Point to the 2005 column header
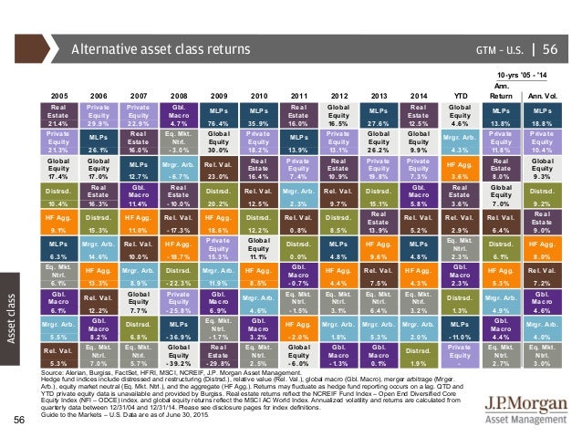[x=61, y=93]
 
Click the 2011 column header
[x=297, y=93]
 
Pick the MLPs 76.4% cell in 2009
[x=219, y=118]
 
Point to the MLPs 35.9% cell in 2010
[x=258, y=118]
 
